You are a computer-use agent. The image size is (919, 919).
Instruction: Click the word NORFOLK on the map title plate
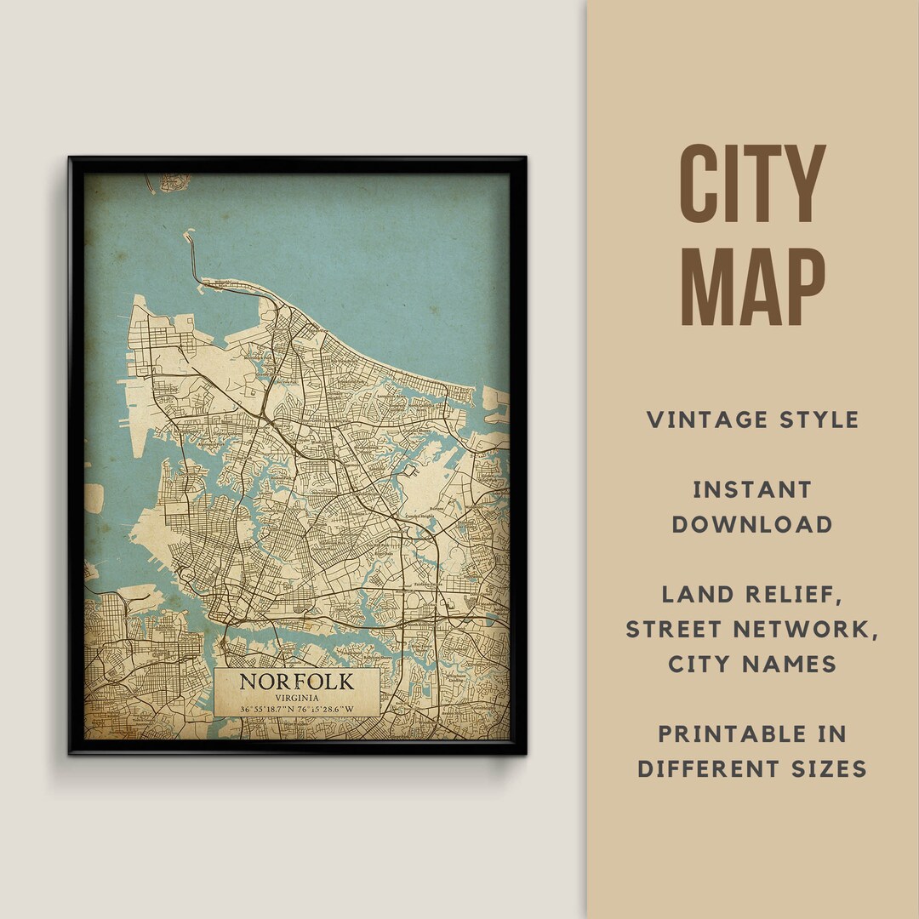point(296,682)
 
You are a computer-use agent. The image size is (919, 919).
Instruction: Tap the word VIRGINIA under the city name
point(296,697)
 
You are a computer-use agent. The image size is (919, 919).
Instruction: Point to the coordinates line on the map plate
point(296,709)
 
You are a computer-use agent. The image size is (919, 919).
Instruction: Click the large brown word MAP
point(753,288)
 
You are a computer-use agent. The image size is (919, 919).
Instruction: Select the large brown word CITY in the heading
point(753,185)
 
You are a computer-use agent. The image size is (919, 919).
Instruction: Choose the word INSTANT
point(752,489)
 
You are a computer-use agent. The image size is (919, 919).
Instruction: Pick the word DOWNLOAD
point(752,524)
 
